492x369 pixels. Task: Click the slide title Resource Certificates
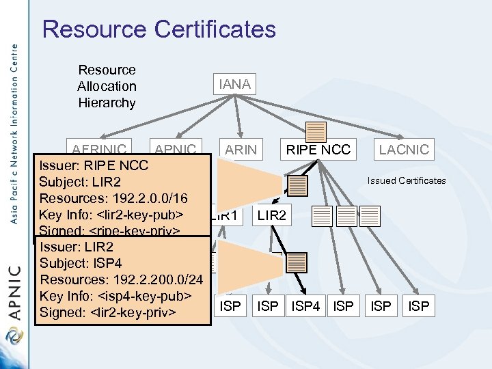click(159, 29)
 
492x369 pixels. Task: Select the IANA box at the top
click(234, 85)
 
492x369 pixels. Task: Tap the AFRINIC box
click(100, 149)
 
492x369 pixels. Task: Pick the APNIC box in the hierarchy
click(176, 149)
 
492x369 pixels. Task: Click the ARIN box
click(241, 149)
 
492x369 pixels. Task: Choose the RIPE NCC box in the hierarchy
click(318, 149)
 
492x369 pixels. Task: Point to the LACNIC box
click(404, 149)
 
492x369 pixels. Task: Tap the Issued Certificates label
click(406, 181)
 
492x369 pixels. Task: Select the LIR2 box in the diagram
click(272, 216)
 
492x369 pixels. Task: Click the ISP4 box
click(305, 306)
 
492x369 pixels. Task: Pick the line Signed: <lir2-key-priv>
click(108, 312)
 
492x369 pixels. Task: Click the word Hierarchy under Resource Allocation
click(107, 103)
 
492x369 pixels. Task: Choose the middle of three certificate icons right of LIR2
click(348, 216)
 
